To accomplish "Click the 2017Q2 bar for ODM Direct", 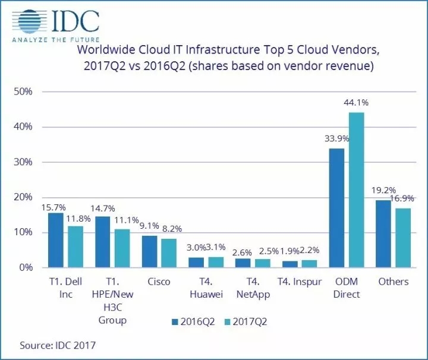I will click(x=356, y=190).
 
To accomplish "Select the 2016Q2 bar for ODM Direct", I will click(x=336, y=208).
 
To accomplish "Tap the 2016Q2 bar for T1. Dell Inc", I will click(x=55, y=240).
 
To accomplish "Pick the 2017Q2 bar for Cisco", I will click(x=169, y=253).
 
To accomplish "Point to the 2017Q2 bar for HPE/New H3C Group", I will click(x=122, y=248).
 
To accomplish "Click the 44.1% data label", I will click(x=356, y=103).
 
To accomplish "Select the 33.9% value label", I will click(x=336, y=138).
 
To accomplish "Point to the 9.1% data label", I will click(x=149, y=225).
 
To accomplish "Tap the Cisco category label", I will click(x=158, y=282).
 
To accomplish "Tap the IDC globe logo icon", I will click(x=30, y=22).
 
